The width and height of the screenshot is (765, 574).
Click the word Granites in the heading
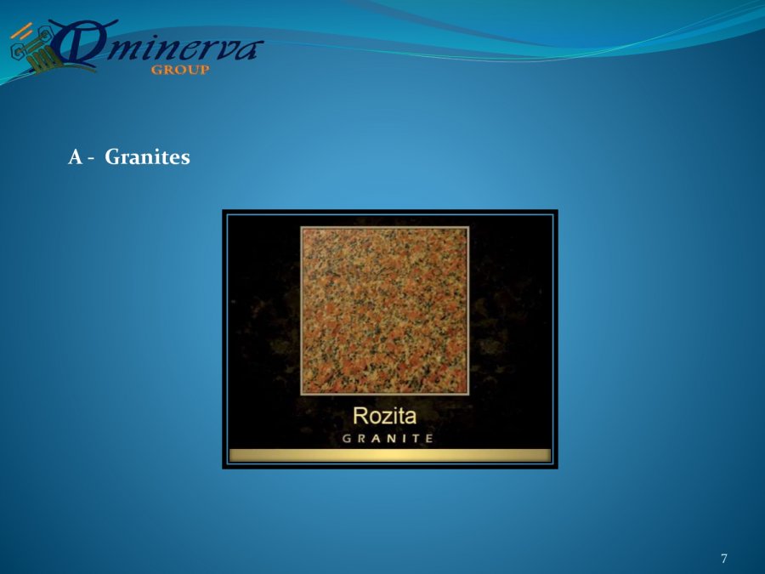point(147,157)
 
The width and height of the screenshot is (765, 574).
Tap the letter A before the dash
point(75,157)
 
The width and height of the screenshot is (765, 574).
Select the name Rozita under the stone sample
point(384,416)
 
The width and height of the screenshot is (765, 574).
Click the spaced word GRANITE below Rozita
point(388,438)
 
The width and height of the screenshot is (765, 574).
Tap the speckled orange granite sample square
point(384,311)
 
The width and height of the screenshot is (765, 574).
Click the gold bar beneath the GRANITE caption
point(390,456)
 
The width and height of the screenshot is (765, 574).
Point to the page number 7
point(724,559)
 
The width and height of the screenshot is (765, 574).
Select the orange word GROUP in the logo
point(180,70)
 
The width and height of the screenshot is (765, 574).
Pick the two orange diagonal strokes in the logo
point(21,31)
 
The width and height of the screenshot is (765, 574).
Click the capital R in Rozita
point(360,416)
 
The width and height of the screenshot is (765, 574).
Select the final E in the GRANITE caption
point(429,438)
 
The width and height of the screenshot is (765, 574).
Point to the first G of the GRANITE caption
point(347,438)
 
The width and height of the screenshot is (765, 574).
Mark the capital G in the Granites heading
point(113,157)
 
